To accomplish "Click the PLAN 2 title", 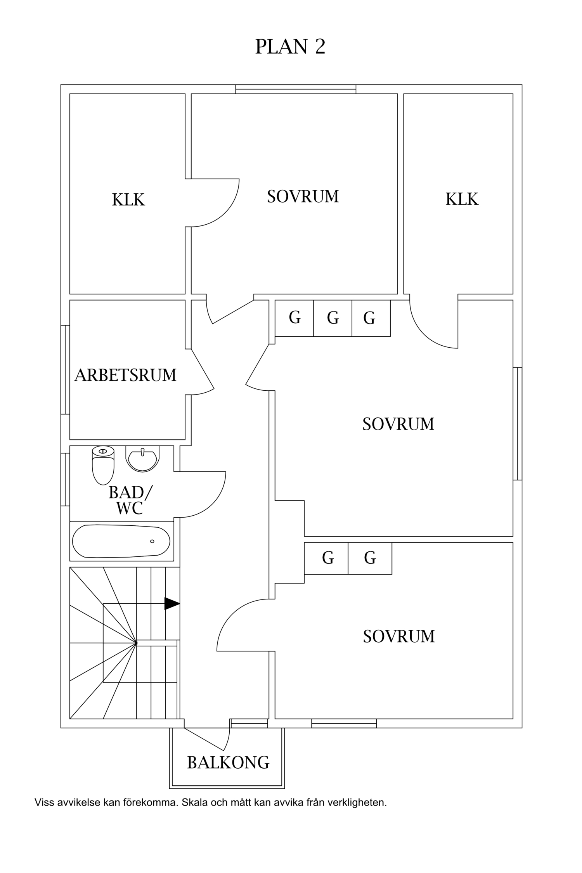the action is click(x=290, y=47).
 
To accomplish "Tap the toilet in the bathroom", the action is click(x=103, y=465).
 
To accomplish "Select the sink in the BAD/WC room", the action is click(x=142, y=459).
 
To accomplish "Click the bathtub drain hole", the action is click(x=152, y=541).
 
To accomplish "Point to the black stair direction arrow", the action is click(x=172, y=603).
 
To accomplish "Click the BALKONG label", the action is click(x=228, y=763).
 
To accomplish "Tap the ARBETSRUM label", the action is click(x=125, y=375).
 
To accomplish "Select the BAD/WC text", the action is click(x=130, y=500).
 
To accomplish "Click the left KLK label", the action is click(x=128, y=200).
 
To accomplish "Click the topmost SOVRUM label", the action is click(x=303, y=196).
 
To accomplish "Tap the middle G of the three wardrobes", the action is click(x=333, y=318).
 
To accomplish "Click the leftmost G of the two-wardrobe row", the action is click(x=328, y=558).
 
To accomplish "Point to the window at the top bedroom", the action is click(x=296, y=89).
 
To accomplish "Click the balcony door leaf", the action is click(x=204, y=739).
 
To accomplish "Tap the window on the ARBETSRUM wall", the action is click(x=65, y=369).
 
